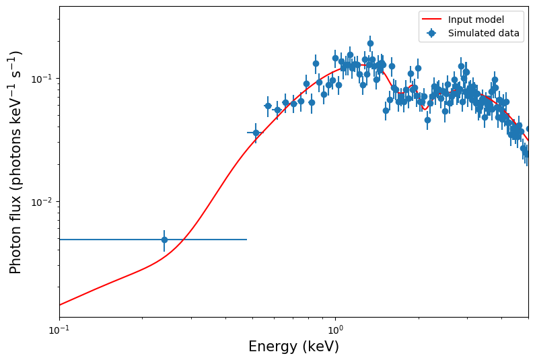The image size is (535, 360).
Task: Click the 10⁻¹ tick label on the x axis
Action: click(59, 331)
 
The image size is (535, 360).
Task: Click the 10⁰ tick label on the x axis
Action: click(335, 331)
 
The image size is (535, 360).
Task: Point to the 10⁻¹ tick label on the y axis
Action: click(42, 78)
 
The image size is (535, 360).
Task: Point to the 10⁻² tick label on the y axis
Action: click(42, 202)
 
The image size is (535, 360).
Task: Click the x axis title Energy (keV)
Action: click(293, 347)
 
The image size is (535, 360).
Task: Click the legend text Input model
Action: click(476, 20)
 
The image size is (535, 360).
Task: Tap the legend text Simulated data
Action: click(483, 33)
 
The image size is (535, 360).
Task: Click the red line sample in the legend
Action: click(431, 20)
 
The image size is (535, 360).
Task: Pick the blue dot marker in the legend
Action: click(431, 33)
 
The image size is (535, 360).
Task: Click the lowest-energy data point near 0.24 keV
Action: click(164, 240)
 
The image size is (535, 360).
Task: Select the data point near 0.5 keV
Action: click(256, 133)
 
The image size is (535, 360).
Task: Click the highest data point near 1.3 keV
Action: click(370, 43)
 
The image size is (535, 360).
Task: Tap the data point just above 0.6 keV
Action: click(277, 110)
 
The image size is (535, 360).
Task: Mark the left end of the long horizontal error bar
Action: click(60, 240)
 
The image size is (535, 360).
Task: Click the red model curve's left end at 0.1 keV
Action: click(60, 305)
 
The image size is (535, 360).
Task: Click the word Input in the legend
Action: click(460, 20)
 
